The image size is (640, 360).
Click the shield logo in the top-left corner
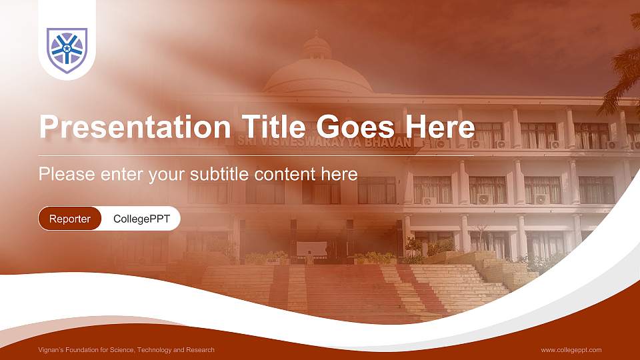point(67,50)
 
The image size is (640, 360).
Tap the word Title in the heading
point(273,126)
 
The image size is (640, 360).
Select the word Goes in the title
point(355,127)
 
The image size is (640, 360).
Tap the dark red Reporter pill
point(70,219)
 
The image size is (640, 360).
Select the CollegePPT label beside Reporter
point(141,219)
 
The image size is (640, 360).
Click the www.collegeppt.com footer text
point(571,350)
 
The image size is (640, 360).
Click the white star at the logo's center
point(67,49)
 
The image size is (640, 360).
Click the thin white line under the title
point(256,156)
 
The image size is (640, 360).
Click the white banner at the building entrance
point(312,249)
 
